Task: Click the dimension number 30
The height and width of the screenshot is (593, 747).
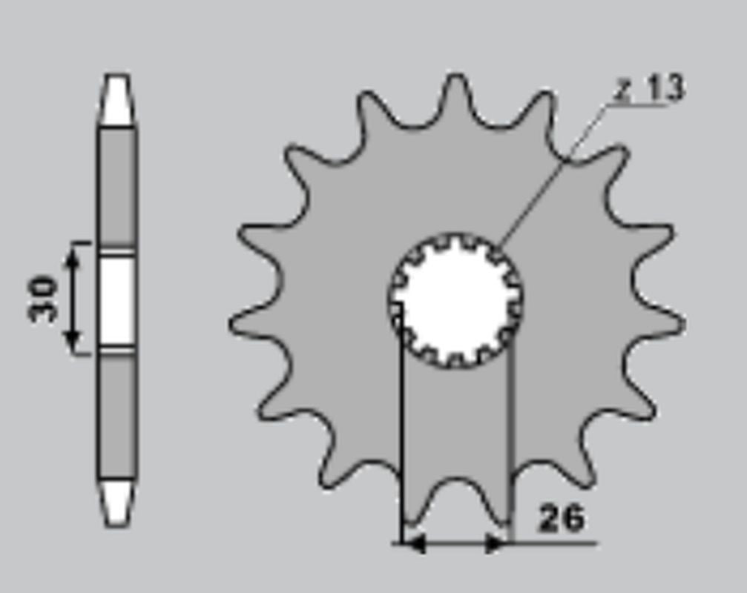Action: point(42,299)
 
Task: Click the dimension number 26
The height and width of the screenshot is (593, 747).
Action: point(561,518)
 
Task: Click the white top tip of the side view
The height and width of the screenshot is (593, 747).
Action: point(116,99)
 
